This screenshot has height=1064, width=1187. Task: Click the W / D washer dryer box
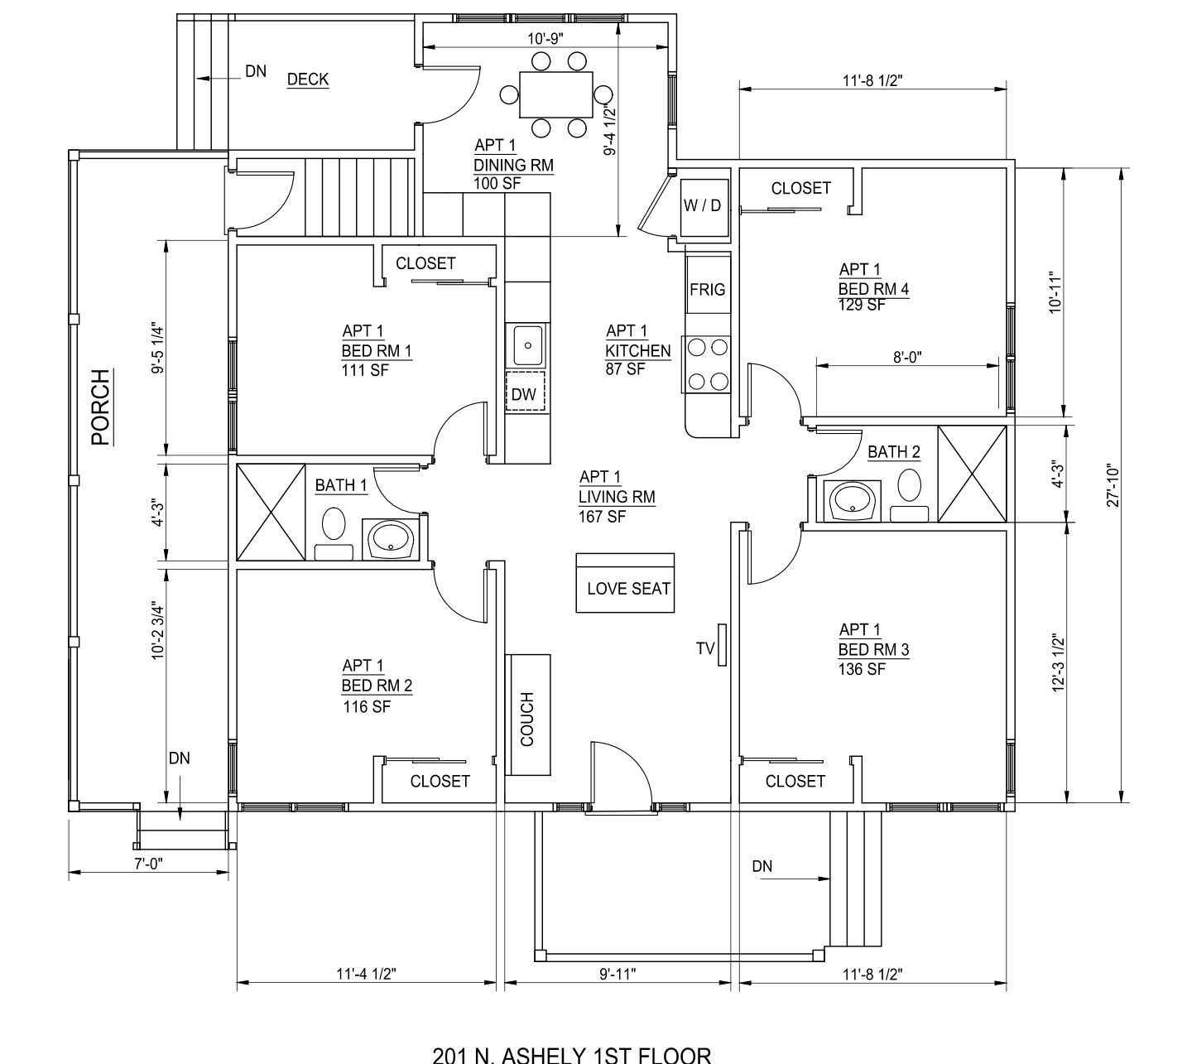point(704,206)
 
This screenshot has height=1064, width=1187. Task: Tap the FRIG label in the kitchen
point(707,290)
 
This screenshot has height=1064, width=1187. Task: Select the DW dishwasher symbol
point(525,392)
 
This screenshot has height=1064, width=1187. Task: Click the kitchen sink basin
point(528,345)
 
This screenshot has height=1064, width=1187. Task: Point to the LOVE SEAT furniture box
point(625,583)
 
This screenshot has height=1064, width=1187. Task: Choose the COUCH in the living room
point(527,715)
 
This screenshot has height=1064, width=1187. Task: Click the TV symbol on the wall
point(722,645)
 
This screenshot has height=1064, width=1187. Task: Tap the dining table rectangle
point(556,94)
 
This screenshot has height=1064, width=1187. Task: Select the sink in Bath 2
point(853,501)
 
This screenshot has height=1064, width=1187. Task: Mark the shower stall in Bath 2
point(972,474)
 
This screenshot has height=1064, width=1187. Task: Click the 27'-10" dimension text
point(1113,486)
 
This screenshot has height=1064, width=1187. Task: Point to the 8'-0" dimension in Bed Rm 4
point(907,357)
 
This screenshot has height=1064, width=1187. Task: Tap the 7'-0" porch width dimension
point(148,864)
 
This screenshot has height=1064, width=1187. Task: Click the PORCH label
point(101,407)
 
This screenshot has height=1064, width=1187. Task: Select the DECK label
point(308,79)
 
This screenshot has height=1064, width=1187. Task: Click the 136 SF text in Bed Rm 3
point(861,669)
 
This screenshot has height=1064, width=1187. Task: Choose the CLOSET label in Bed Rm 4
point(801,188)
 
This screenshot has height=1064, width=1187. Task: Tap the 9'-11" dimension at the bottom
point(618,974)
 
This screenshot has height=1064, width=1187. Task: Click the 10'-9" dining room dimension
point(545,39)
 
